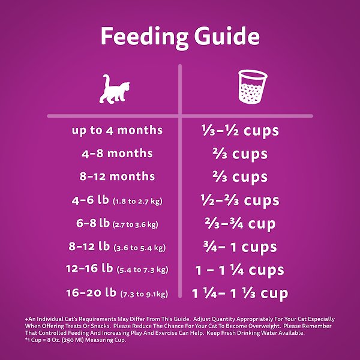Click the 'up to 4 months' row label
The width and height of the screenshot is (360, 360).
(117, 130)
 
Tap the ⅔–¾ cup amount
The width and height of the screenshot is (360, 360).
(239, 223)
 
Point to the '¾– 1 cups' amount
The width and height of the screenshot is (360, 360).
(239, 247)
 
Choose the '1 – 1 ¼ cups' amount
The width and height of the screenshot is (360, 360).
(239, 270)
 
